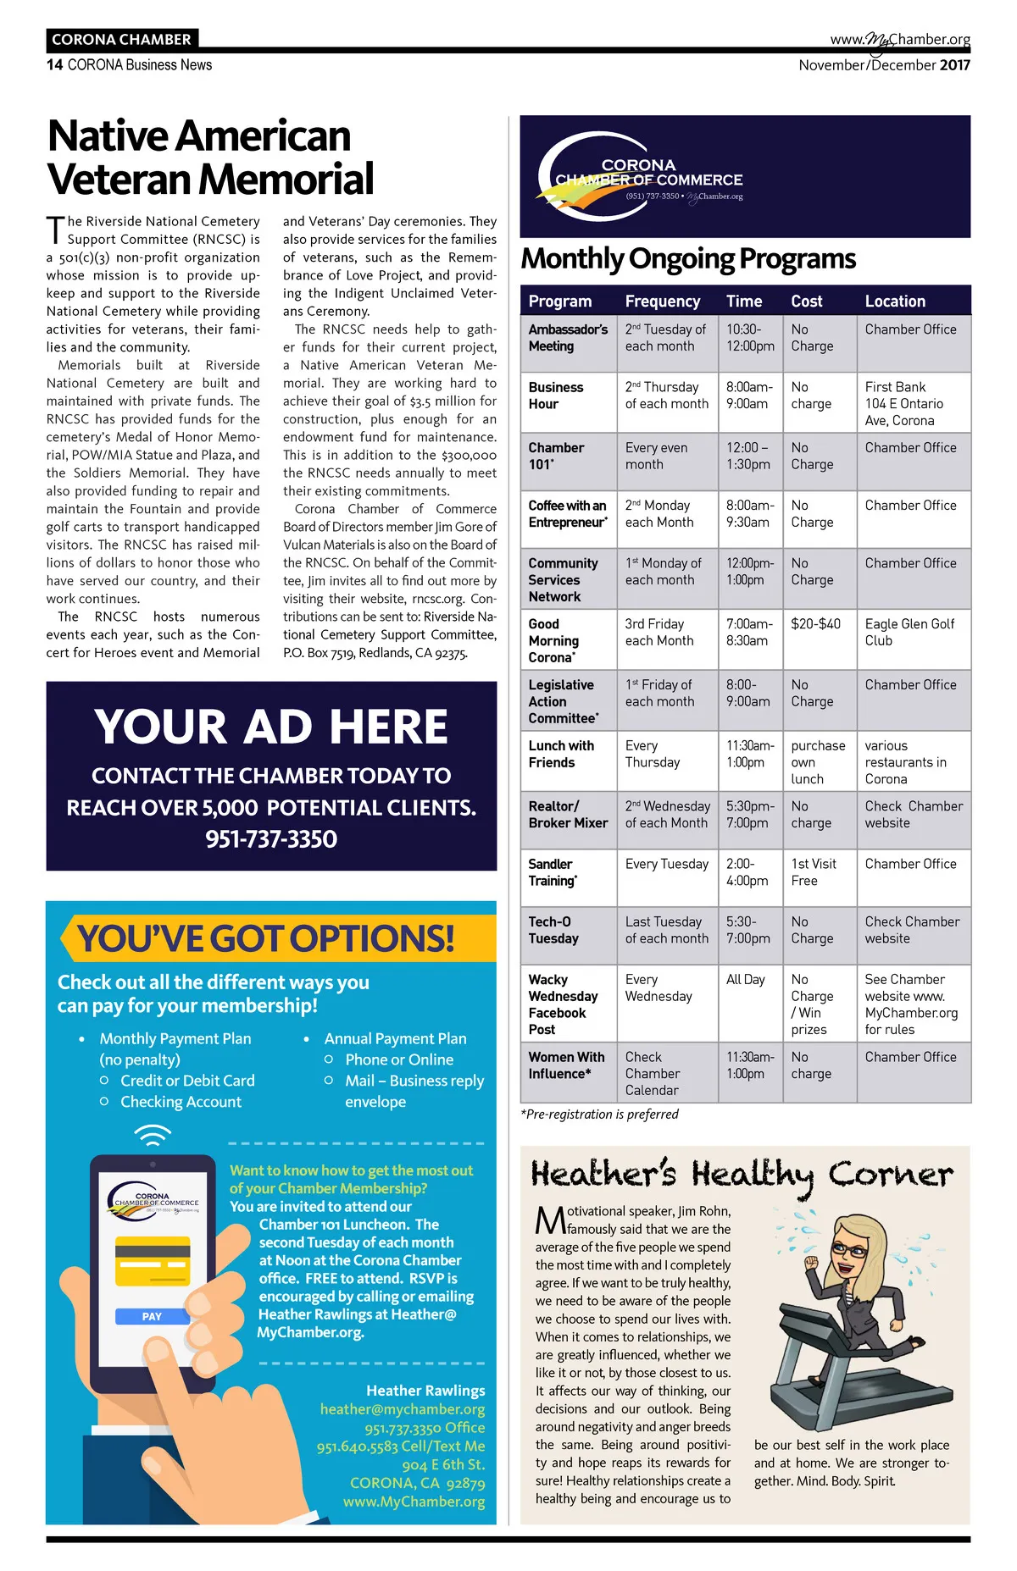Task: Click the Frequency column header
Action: coord(662,301)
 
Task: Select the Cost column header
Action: coord(806,301)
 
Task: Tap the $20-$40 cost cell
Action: coord(815,624)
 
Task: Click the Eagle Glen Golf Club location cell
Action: coord(909,633)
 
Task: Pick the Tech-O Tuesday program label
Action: coord(553,930)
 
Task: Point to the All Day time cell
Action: coord(745,980)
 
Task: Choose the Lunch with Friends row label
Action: coord(560,754)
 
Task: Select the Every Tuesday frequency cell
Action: coord(666,864)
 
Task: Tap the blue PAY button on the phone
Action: coord(152,1316)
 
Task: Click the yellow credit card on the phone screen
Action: coord(152,1261)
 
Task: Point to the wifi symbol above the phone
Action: coord(153,1135)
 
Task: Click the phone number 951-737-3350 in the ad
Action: coord(271,839)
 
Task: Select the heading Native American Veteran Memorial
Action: coord(210,158)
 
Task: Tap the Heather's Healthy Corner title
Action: coord(742,1175)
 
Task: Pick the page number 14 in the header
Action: coord(54,65)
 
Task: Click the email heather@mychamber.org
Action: coord(402,1409)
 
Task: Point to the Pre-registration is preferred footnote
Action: coord(600,1115)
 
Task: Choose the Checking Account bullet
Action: coord(181,1102)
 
